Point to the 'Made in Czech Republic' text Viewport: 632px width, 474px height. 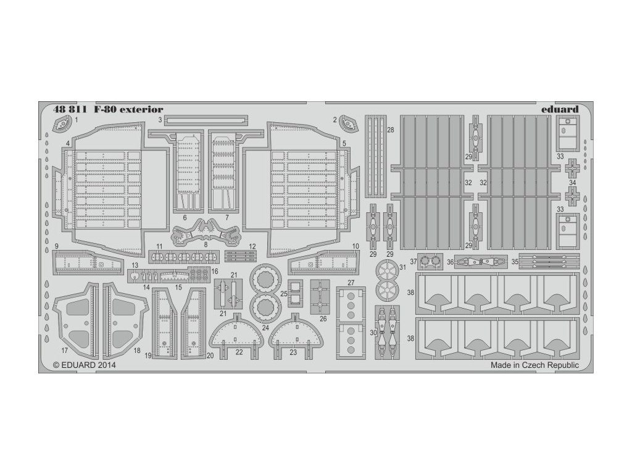(534, 365)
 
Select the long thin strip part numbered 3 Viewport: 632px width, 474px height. (200, 119)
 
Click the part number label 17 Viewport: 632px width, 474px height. (65, 350)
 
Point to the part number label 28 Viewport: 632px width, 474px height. (391, 130)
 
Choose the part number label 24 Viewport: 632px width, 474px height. (265, 327)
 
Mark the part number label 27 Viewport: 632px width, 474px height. (350, 283)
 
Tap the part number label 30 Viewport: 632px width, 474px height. (372, 333)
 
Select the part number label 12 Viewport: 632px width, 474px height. (252, 246)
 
